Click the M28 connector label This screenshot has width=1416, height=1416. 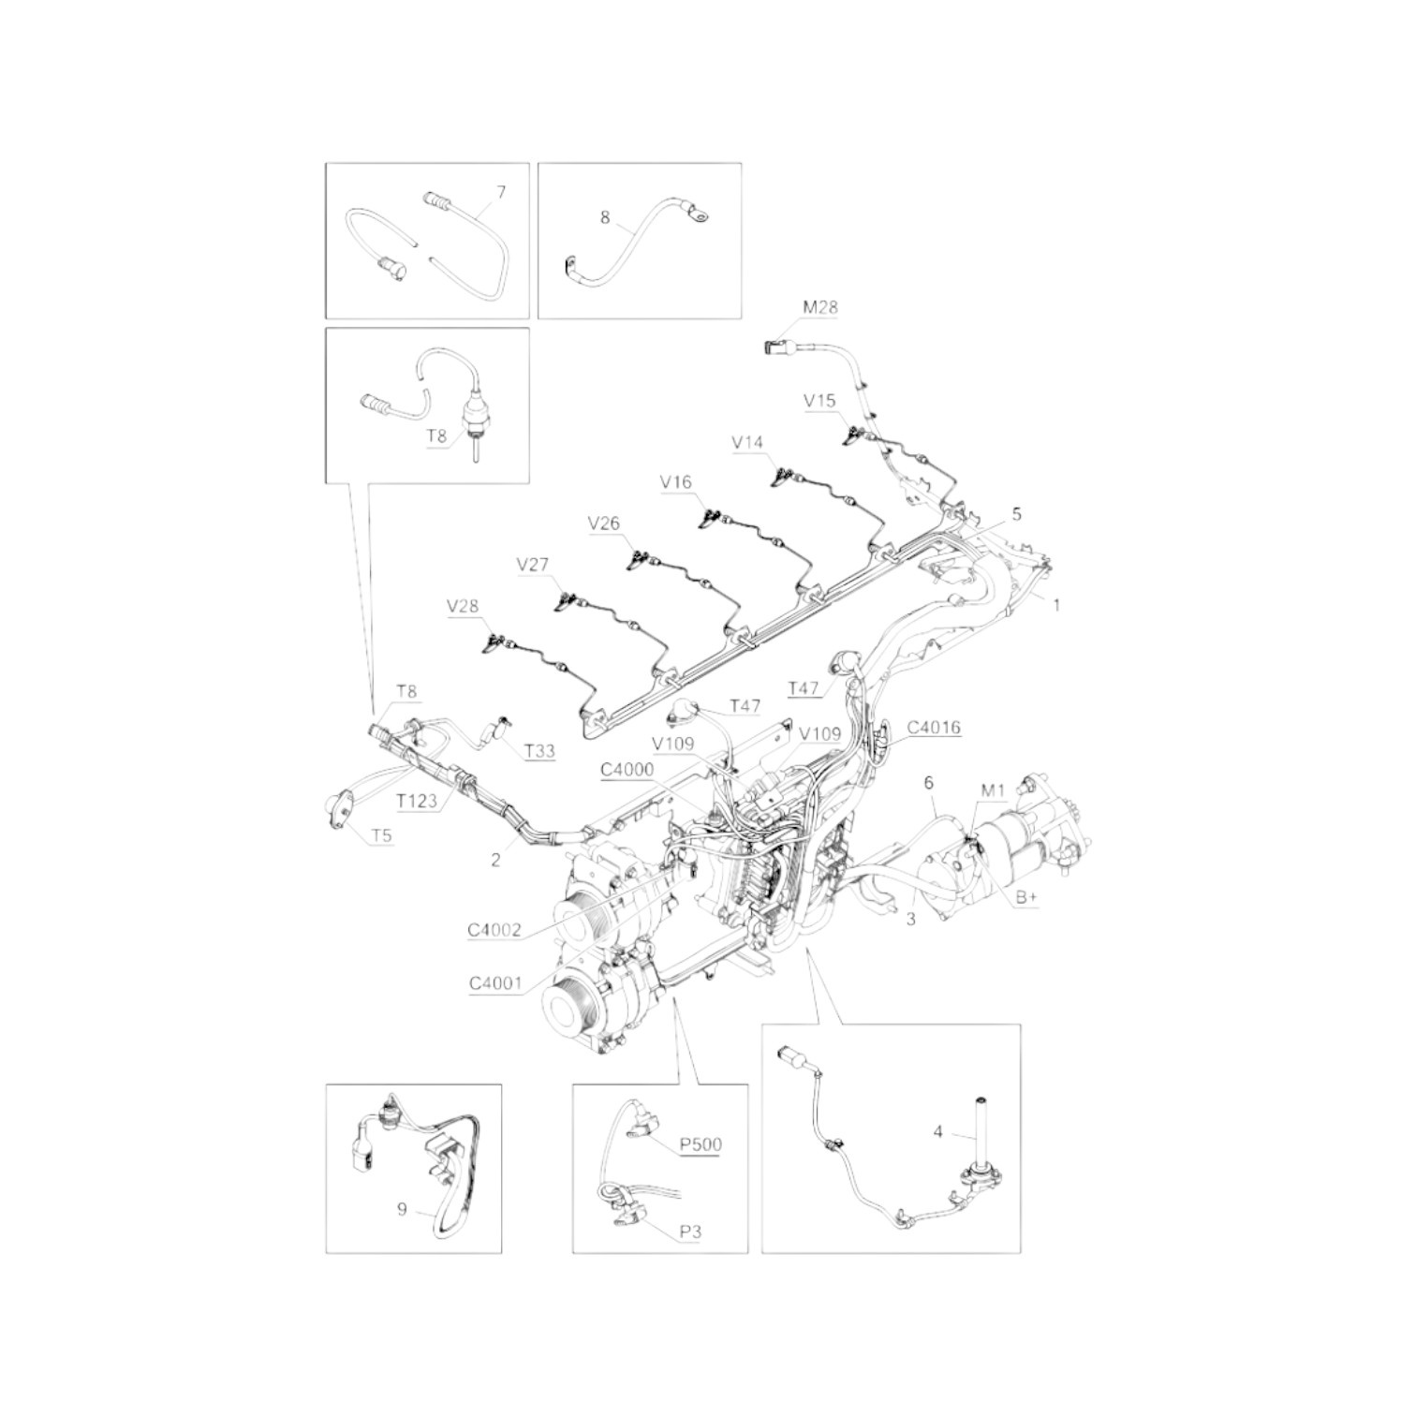pyautogui.click(x=820, y=307)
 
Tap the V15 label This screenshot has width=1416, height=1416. pyautogui.click(x=819, y=401)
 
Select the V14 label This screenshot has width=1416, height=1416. pyautogui.click(x=748, y=441)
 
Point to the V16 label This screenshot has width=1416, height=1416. pyautogui.click(x=675, y=482)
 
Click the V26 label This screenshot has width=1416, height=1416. pyautogui.click(x=604, y=524)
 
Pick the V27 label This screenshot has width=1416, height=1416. pyautogui.click(x=533, y=565)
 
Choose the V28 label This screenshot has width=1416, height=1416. pyautogui.click(x=463, y=606)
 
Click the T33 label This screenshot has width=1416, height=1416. pyautogui.click(x=539, y=751)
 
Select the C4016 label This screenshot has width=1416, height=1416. pyautogui.click(x=934, y=727)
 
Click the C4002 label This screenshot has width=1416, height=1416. pyautogui.click(x=494, y=931)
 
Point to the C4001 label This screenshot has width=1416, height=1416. pyautogui.click(x=494, y=983)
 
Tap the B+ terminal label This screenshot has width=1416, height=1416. pyautogui.click(x=1027, y=896)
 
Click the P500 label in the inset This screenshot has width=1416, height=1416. pyautogui.click(x=701, y=1144)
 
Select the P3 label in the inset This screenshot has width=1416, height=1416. pyautogui.click(x=690, y=1232)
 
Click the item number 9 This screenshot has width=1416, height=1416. pyautogui.click(x=403, y=1209)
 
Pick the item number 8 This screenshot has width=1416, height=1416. pyautogui.click(x=605, y=218)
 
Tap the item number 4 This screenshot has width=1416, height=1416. pyautogui.click(x=938, y=1132)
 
